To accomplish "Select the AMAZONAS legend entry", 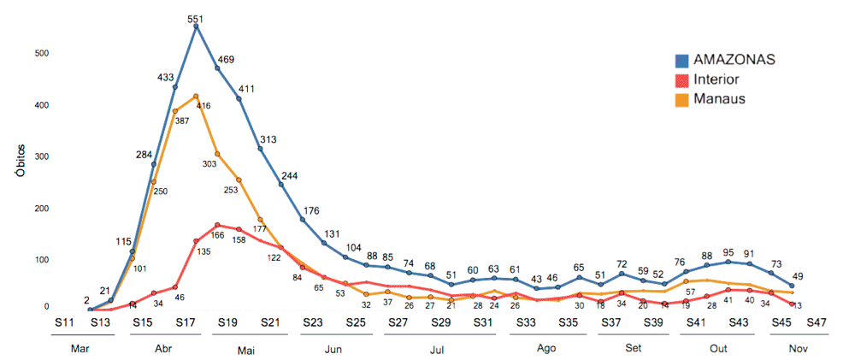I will click(734, 60).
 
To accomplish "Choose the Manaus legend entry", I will click(718, 98).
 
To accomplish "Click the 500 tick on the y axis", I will click(42, 53).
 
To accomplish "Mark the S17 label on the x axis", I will click(186, 322).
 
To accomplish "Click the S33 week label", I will click(527, 322).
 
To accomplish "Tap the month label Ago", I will click(547, 350).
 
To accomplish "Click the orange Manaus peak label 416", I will click(203, 105).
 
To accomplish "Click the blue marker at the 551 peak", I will click(196, 27).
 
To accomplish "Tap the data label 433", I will click(165, 77).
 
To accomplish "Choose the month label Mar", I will click(80, 350).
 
